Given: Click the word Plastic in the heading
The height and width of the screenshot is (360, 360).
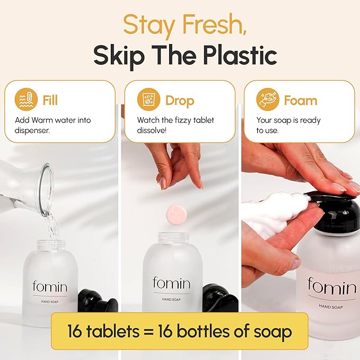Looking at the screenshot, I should [238, 55].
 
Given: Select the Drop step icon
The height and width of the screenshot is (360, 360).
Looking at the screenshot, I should [149, 100].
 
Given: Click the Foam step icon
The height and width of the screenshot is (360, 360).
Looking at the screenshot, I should [268, 100].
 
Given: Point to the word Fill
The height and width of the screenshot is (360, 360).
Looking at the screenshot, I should [50, 100].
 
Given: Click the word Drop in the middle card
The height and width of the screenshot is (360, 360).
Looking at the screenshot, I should [180, 100].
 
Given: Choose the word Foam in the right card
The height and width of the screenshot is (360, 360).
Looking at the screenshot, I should [300, 100].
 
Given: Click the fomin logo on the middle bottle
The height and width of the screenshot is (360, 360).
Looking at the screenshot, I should [171, 283].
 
